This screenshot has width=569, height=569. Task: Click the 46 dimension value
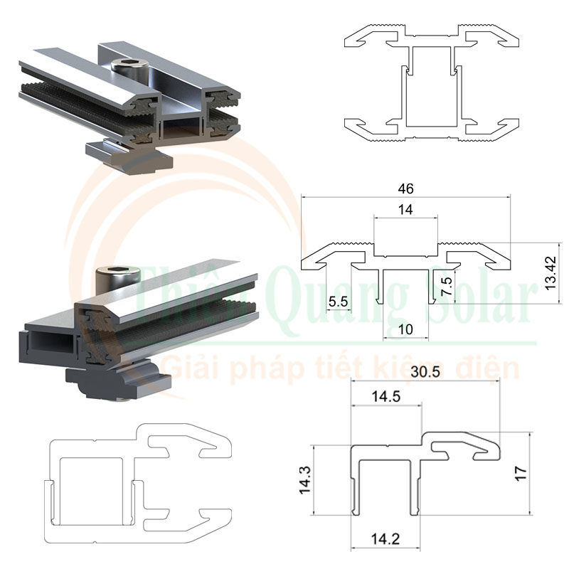406,188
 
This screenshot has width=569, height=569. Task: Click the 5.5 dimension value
338,302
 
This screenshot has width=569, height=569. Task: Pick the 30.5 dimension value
427,371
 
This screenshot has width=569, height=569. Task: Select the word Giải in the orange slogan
189,368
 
